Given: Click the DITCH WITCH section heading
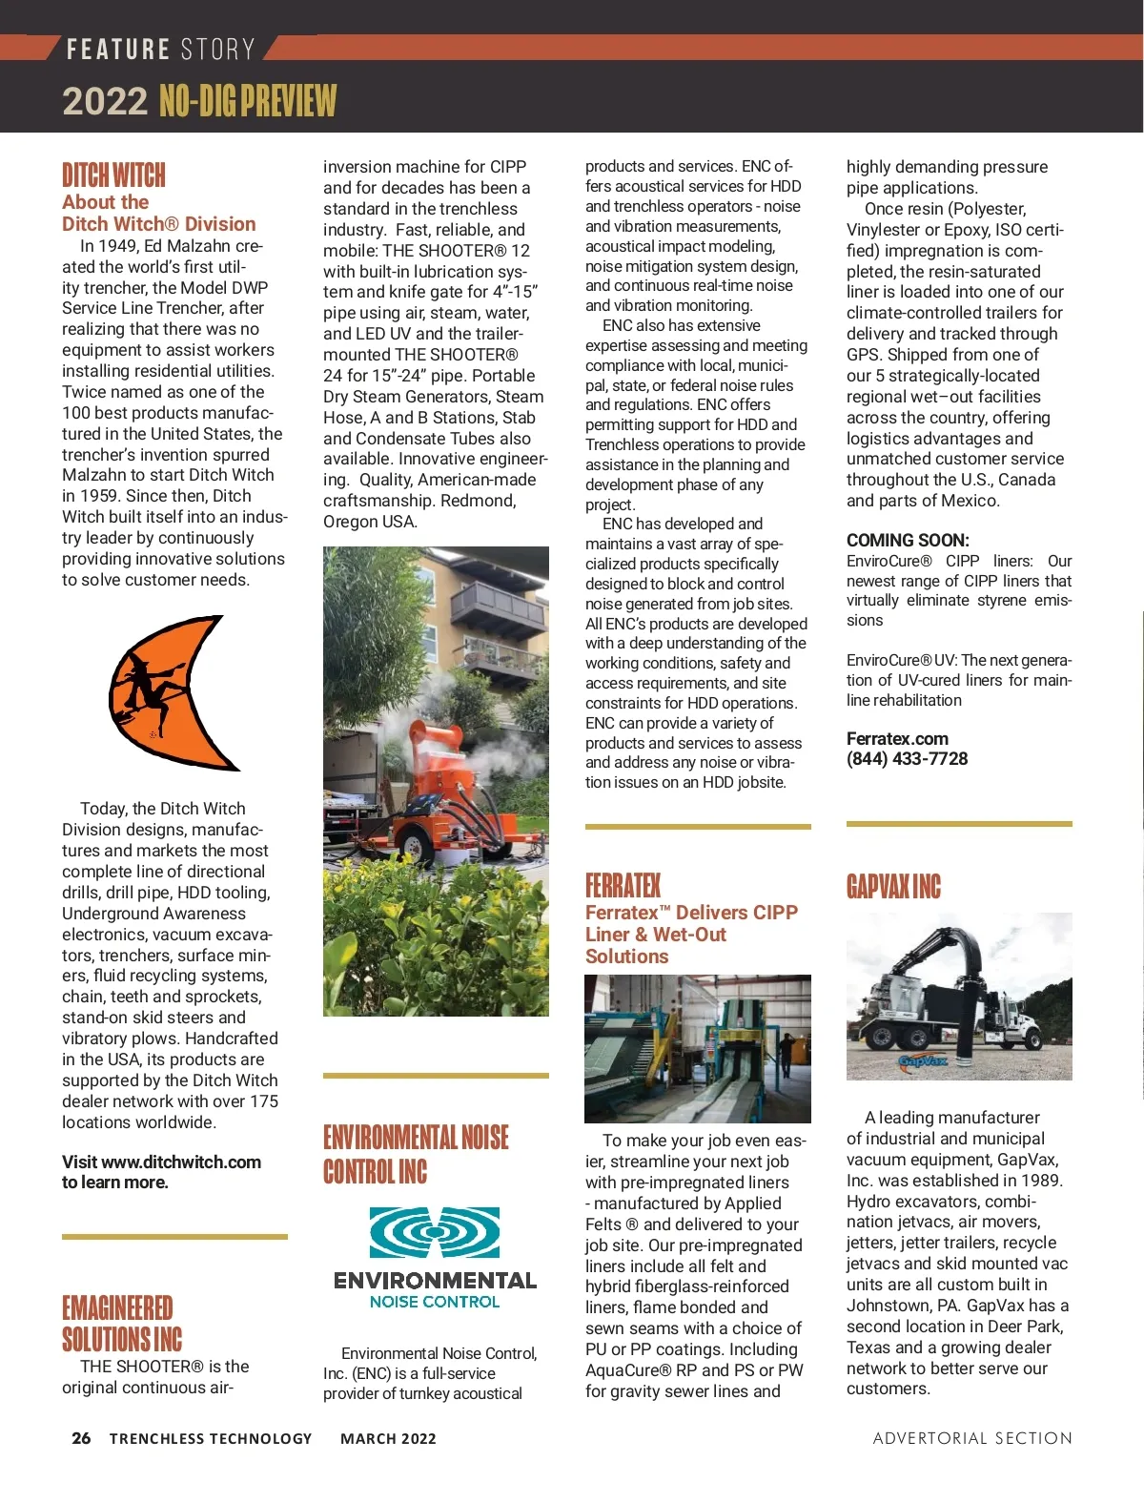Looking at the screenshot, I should click(113, 175).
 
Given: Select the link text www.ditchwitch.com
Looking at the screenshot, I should click(181, 1163).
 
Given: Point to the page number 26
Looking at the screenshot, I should click(82, 1438).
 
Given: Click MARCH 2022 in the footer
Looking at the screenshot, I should click(388, 1439).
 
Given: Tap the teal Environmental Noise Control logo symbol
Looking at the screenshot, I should click(435, 1232).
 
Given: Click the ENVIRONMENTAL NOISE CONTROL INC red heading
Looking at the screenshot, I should click(416, 1154).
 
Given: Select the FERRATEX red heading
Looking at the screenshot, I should click(623, 886).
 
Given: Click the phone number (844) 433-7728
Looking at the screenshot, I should click(907, 759).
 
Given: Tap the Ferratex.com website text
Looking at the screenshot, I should click(897, 739).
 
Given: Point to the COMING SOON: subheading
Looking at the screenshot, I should click(908, 540).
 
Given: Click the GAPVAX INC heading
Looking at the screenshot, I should click(893, 887).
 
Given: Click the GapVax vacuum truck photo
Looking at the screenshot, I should click(959, 996).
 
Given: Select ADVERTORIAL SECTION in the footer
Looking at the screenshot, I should click(972, 1438).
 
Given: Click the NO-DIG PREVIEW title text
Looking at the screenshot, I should click(248, 101).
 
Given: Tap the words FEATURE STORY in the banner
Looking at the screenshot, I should click(160, 49).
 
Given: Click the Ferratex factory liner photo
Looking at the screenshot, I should click(697, 1048).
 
